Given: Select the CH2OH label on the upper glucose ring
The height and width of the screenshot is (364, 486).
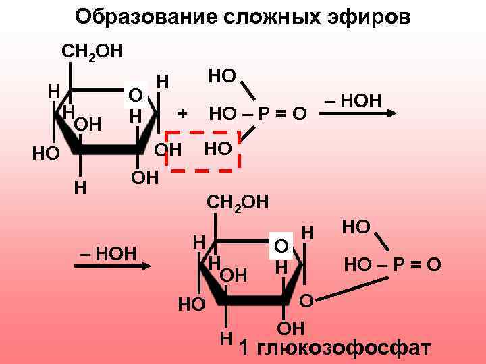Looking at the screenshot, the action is point(92,51).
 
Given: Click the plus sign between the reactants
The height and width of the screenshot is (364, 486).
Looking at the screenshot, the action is point(182,112).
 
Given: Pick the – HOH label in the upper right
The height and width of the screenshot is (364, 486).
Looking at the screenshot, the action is point(354,101).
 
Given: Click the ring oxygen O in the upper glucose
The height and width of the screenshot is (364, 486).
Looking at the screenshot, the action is point(135,94).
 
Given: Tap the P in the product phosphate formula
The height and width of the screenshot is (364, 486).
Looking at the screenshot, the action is point(405,264).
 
